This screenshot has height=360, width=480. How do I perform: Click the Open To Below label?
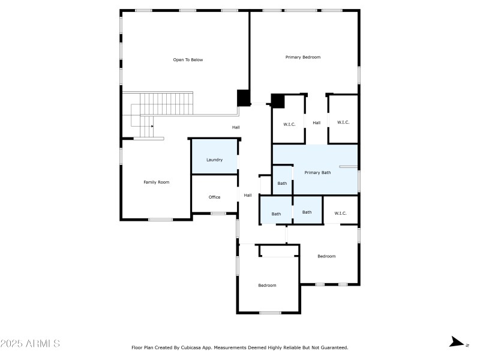point(188,60)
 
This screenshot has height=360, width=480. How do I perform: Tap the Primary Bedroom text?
point(302,57)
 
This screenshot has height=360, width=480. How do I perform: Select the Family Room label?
point(156,182)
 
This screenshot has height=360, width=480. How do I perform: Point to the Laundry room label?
point(214,160)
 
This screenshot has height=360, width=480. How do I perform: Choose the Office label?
point(214,197)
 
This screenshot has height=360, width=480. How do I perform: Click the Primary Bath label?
point(317,173)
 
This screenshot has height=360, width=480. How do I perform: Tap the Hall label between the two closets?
point(316,122)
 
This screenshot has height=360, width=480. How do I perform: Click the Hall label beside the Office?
point(247,195)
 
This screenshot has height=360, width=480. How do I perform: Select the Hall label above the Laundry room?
point(236,127)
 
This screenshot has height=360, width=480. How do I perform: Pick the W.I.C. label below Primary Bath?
point(340,213)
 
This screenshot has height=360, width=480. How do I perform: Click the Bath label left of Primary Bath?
point(282,183)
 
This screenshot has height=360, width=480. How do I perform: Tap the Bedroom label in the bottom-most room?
point(267,285)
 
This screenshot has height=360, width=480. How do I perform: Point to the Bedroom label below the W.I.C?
point(326,256)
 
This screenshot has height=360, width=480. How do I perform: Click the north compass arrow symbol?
point(457,343)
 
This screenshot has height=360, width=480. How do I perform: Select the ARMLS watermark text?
point(30,344)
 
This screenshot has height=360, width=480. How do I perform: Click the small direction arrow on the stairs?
point(152,126)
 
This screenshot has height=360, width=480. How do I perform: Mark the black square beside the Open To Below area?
point(243,97)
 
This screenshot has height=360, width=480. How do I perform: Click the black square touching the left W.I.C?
point(278,100)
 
